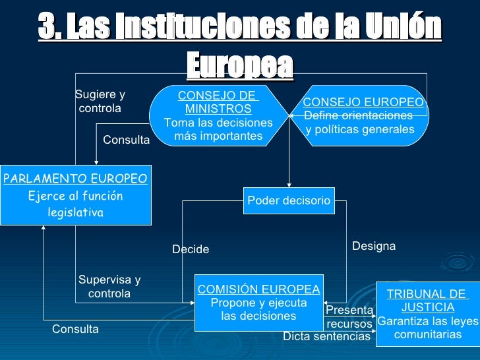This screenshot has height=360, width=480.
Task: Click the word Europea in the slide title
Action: point(239,65)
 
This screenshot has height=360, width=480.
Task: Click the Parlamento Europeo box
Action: point(75,195)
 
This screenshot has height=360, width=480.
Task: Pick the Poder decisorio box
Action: point(288,200)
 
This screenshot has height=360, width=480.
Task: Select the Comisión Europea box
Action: point(258,303)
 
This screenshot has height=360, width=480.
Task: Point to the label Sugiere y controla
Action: point(100,102)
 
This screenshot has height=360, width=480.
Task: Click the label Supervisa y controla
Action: point(109,287)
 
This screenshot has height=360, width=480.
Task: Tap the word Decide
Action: point(191,249)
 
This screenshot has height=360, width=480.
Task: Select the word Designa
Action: point(374,246)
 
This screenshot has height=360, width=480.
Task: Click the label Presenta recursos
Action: point(349,317)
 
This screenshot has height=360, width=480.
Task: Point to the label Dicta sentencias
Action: point(326,337)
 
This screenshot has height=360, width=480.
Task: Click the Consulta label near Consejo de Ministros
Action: point(127,140)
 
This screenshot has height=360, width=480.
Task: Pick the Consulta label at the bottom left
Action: point(75,329)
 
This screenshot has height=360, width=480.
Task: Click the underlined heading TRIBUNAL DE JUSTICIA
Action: point(427,301)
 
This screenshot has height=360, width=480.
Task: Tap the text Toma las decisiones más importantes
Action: point(218,129)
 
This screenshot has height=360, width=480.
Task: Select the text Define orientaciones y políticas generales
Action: point(359,123)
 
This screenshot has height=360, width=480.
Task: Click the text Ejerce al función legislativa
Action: point(75,204)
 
